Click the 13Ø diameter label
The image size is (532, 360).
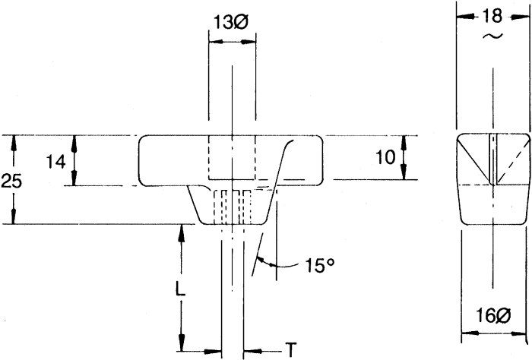point(231,23)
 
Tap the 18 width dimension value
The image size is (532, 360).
point(492,16)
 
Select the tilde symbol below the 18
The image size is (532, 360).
point(492,36)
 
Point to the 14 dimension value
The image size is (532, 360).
point(56,162)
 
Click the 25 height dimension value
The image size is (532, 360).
point(11,181)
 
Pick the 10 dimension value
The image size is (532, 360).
point(386,157)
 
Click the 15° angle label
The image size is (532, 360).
point(320,265)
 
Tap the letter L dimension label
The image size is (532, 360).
point(181,289)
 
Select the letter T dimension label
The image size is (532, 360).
point(290,350)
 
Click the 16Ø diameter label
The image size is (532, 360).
point(493,316)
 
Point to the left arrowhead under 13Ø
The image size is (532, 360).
point(216,42)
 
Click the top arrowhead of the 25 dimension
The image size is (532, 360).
point(14,142)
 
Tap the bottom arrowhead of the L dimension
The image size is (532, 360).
point(182,343)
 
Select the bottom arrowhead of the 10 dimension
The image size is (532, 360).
point(404,172)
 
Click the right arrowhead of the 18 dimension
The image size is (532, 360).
point(520,17)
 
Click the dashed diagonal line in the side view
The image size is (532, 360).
point(513,160)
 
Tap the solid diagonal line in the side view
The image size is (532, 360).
point(473,160)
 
